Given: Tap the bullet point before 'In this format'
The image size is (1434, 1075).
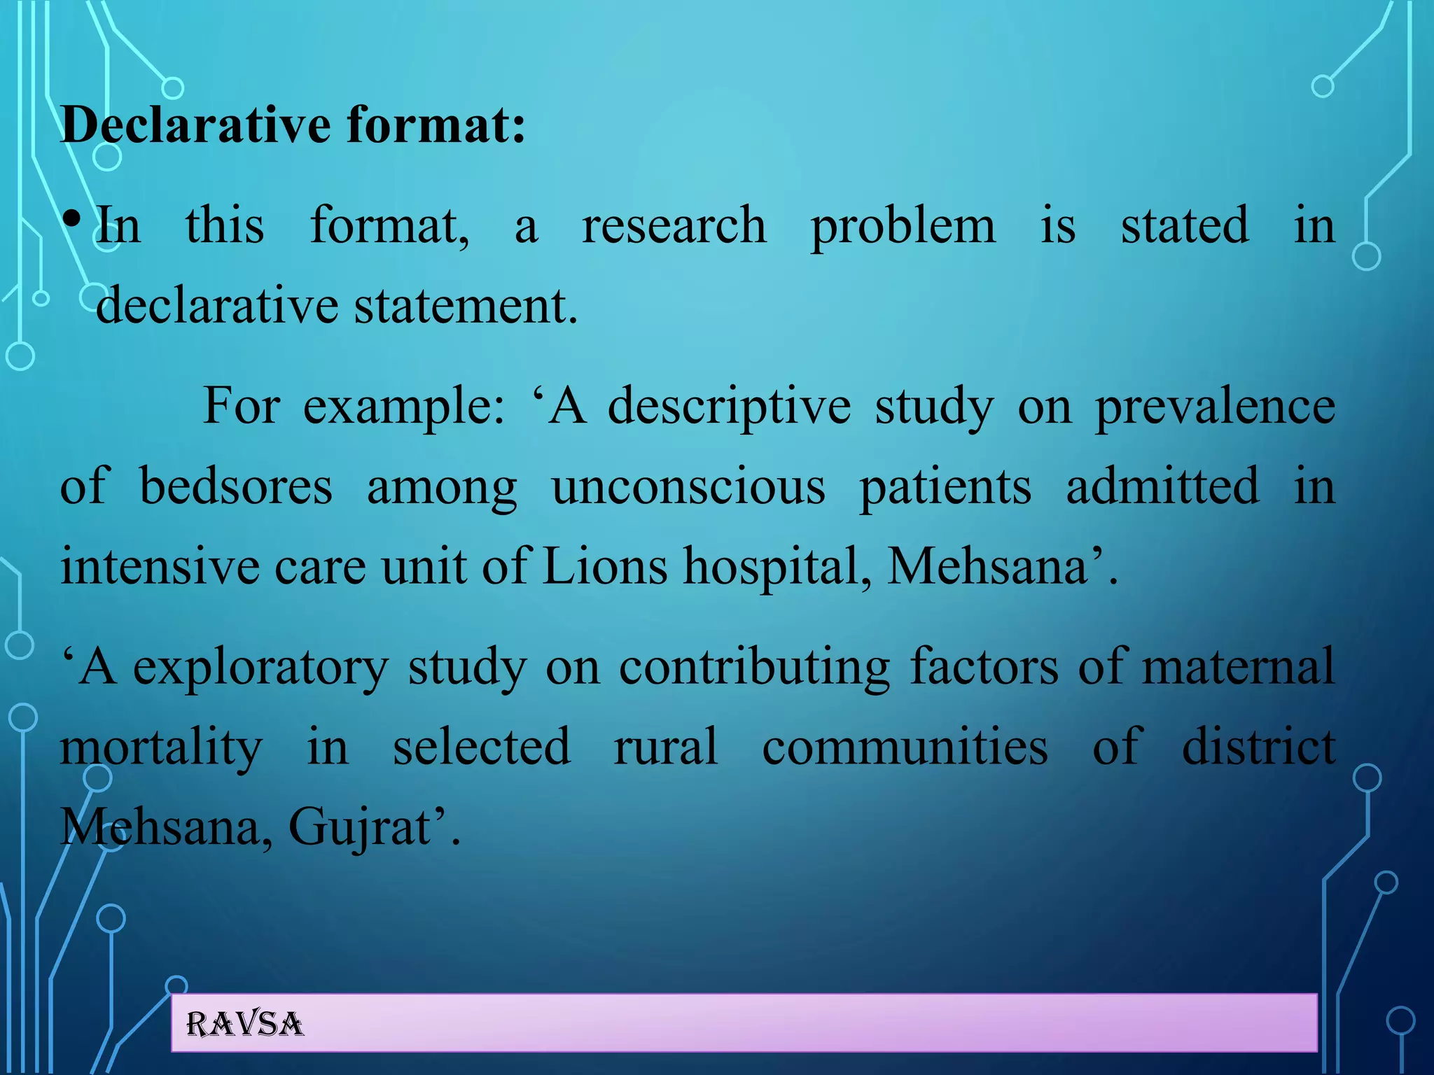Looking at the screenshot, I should (x=71, y=220).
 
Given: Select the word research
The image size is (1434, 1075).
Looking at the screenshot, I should (x=674, y=225).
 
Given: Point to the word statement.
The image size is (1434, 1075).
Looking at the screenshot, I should (x=466, y=306).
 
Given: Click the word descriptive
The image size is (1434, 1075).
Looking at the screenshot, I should (x=729, y=407).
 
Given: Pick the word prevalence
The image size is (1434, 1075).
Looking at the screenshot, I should (x=1215, y=407).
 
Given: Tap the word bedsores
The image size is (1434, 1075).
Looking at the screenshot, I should (x=236, y=486).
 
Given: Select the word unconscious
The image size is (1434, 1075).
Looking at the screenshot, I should (x=688, y=486).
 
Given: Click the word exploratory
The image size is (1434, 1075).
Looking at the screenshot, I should (x=260, y=668).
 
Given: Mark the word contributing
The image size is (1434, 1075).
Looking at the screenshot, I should (x=754, y=667).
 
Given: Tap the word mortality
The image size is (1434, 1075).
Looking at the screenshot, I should (x=161, y=748).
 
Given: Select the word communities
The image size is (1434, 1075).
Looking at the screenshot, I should (x=905, y=747).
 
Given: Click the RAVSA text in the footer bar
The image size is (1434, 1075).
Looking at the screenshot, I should (x=244, y=1024).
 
